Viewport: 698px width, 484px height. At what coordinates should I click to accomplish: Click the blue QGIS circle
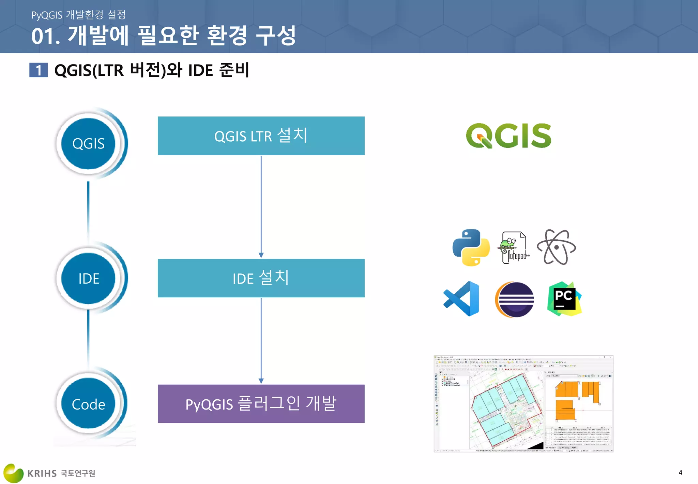coord(88,144)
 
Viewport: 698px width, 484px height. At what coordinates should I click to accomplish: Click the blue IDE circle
coord(88,279)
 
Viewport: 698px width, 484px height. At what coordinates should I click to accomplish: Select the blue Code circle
coord(88,404)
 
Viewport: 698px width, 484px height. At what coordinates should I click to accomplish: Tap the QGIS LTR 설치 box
coord(261,136)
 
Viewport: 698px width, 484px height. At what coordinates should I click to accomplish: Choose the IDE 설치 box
coord(261,278)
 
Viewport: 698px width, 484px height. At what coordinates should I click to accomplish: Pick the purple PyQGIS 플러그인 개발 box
coord(261,404)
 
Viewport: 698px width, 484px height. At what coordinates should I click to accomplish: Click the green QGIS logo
coord(508,136)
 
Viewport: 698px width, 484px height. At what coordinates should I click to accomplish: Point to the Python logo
coord(471,247)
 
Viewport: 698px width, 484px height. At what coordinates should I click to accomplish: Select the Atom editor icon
coord(556,247)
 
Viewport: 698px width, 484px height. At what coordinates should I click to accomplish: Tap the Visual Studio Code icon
coord(462,299)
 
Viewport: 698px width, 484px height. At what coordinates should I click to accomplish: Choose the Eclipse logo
coord(515,300)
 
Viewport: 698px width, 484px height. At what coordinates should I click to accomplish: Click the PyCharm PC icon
coord(564,299)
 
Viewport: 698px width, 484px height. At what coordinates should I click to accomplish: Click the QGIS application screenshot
coord(523,404)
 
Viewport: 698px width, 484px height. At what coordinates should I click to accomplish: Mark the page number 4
coord(680,473)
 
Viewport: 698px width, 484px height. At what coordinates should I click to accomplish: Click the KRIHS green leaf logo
coord(13,473)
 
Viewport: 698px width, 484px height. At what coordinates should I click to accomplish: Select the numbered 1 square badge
coord(39,70)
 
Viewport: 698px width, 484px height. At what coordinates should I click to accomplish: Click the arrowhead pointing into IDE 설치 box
coord(261,255)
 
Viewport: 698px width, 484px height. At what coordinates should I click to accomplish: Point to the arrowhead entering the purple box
coord(261,381)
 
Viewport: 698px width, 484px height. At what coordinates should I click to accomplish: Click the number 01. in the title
coord(46,36)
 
